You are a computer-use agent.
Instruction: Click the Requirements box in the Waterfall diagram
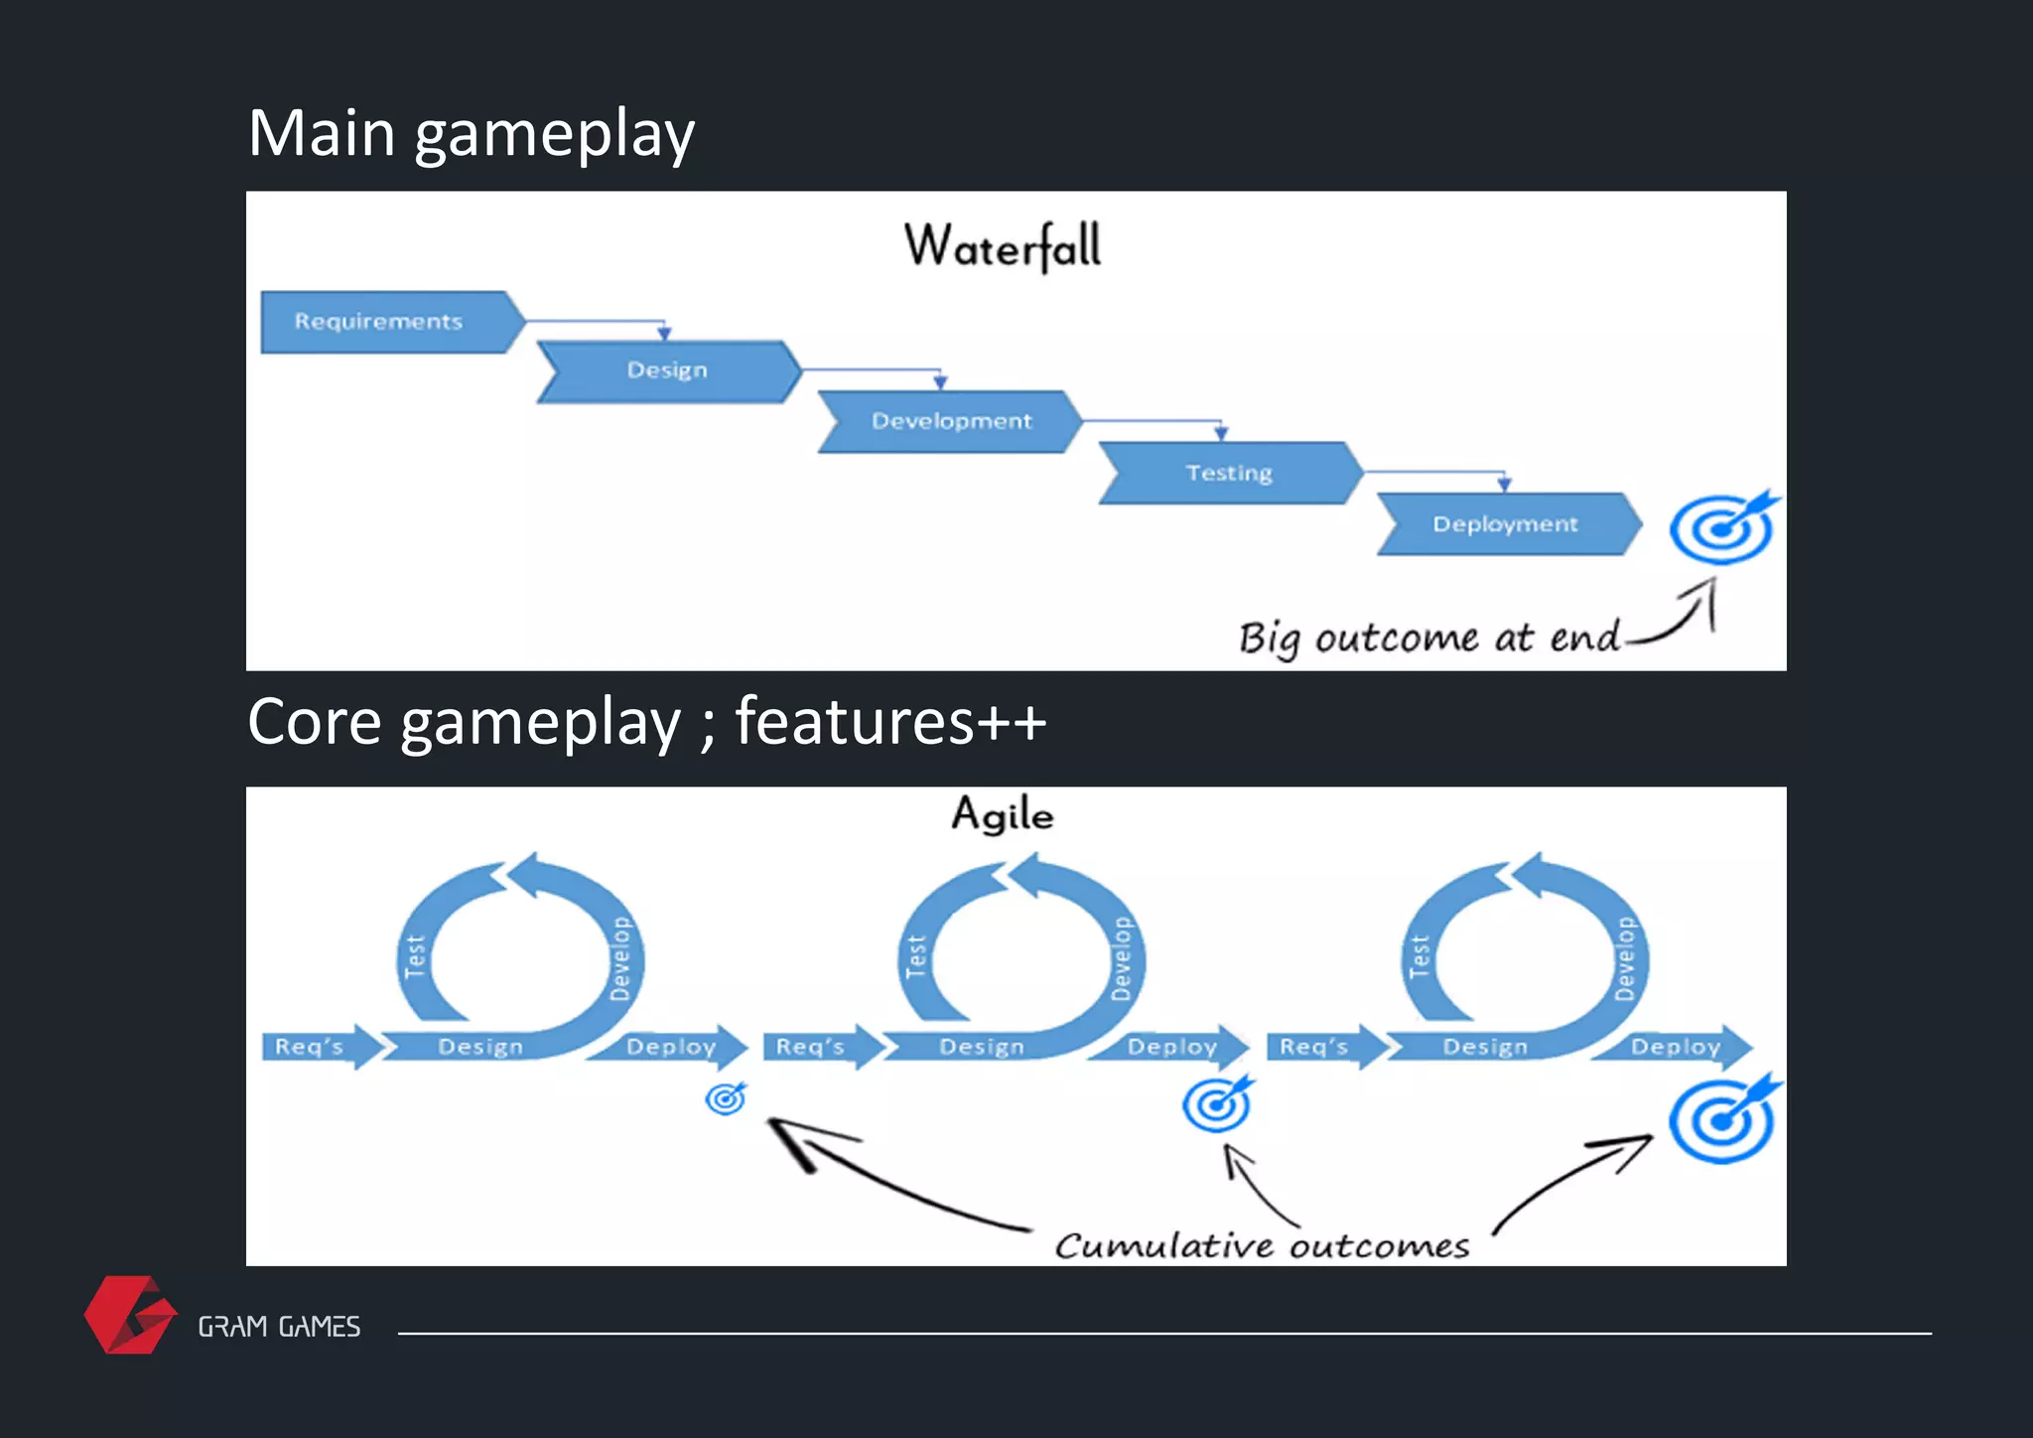pyautogui.click(x=387, y=322)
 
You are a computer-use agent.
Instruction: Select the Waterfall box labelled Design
pyautogui.click(x=667, y=370)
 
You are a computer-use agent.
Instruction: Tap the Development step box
pyautogui.click(x=951, y=421)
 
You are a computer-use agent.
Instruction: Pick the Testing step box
pyautogui.click(x=1229, y=473)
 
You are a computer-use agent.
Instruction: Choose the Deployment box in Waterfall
pyautogui.click(x=1505, y=524)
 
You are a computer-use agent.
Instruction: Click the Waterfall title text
pyautogui.click(x=1003, y=246)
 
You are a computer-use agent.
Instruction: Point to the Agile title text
pyautogui.click(x=1003, y=814)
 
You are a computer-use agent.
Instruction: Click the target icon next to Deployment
pyautogui.click(x=1722, y=528)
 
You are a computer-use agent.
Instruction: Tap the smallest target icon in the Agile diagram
pyautogui.click(x=726, y=1098)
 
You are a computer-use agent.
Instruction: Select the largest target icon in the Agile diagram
pyautogui.click(x=1722, y=1120)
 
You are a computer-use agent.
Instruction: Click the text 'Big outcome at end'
pyautogui.click(x=1429, y=638)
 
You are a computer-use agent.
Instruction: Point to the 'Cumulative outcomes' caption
pyautogui.click(x=1262, y=1245)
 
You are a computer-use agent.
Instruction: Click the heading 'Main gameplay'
pyautogui.click(x=471, y=133)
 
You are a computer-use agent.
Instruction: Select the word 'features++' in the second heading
pyautogui.click(x=890, y=721)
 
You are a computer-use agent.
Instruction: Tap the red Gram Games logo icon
pyautogui.click(x=129, y=1315)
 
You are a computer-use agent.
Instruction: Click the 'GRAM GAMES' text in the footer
pyautogui.click(x=279, y=1327)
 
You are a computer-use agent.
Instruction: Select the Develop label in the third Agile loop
pyautogui.click(x=1625, y=957)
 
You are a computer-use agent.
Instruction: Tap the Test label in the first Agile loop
pyautogui.click(x=415, y=955)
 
